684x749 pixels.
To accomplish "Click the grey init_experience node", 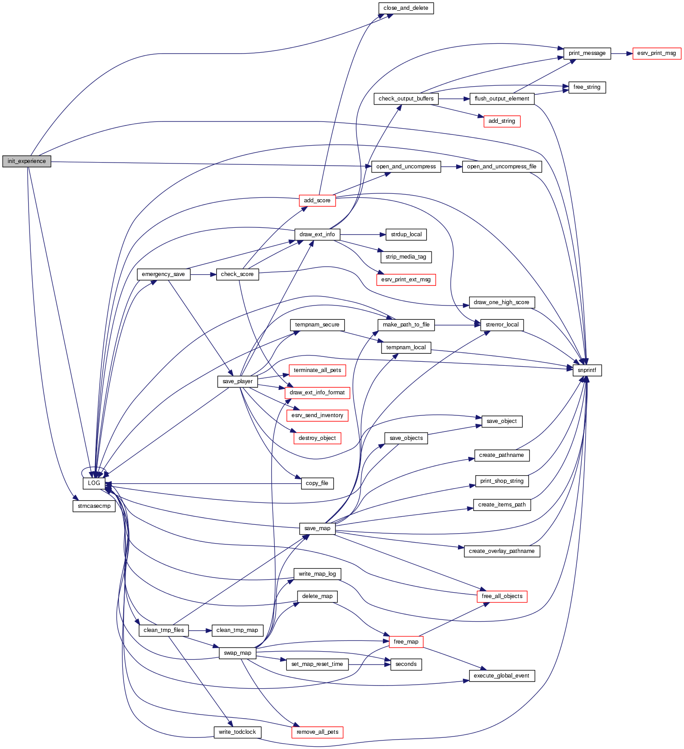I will pos(26,161).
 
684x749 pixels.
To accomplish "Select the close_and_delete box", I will pos(406,8).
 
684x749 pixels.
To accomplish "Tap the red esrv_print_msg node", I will pos(656,53).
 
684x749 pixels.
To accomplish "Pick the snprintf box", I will pos(587,370).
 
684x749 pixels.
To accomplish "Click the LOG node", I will pos(94,483).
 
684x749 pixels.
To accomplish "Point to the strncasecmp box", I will pos(94,506).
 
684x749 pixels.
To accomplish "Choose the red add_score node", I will pos(317,201).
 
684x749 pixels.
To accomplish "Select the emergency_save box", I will pos(163,274).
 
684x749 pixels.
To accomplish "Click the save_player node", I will pos(237,381).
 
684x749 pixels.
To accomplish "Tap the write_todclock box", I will pos(237,732).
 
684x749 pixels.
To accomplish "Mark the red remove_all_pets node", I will pos(317,732).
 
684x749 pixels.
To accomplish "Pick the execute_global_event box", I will pos(501,676).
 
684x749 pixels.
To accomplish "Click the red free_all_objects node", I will pos(502,596).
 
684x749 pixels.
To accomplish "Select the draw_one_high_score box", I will pos(501,302).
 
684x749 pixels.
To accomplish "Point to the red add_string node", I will pos(502,121).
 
